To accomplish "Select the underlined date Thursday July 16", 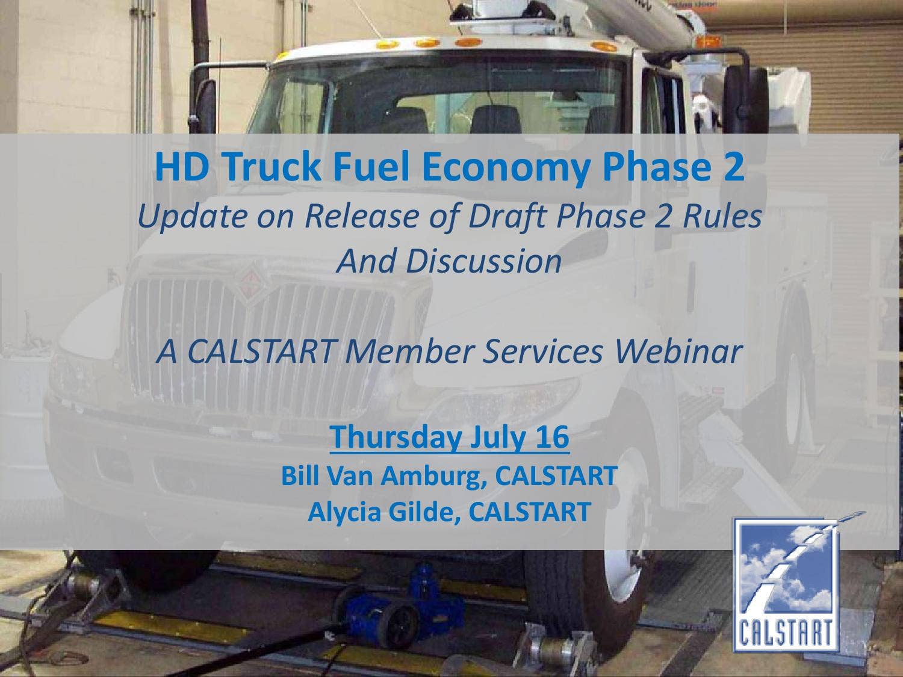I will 449,437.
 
